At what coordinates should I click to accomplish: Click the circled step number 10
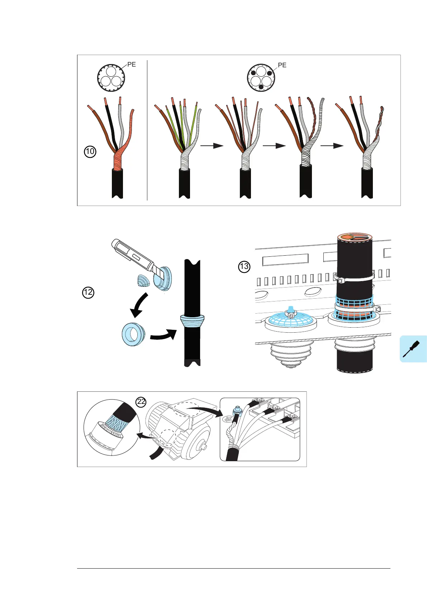pos(90,152)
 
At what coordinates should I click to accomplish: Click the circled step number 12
pos(88,293)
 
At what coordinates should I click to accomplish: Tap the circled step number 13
pos(244,267)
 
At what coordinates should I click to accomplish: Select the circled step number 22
pos(141,402)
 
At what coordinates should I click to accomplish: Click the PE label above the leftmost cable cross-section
pos(132,65)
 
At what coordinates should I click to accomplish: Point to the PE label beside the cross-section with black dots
pos(282,65)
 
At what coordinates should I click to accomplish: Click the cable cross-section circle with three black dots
pos(261,78)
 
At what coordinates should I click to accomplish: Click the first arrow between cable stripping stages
pos(212,146)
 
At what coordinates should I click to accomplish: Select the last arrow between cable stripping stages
pos(332,146)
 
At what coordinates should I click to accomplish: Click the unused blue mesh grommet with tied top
pos(291,318)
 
